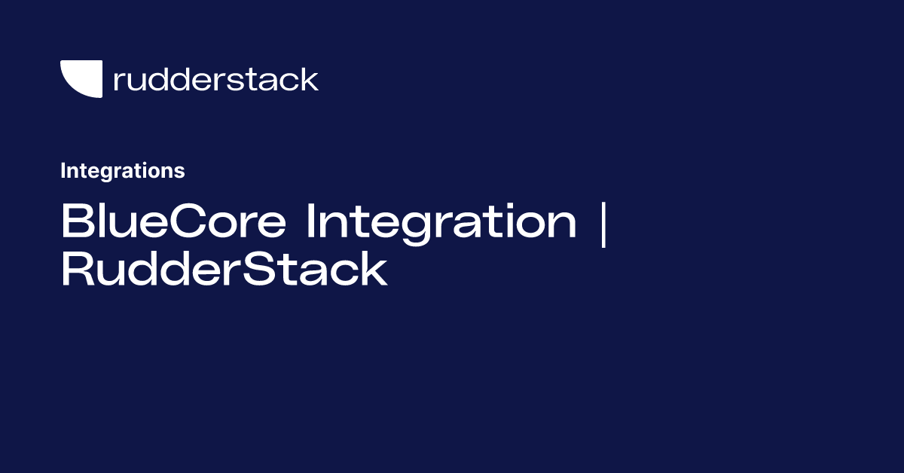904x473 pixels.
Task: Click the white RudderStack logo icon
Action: [x=80, y=78]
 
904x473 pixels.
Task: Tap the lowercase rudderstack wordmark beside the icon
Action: [x=215, y=79]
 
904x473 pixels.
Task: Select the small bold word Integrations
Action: [x=122, y=171]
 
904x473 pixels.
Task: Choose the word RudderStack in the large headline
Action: [x=224, y=270]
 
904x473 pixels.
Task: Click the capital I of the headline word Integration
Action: [x=310, y=222]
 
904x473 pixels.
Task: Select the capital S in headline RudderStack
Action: [x=266, y=270]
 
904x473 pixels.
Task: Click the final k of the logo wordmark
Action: [x=310, y=79]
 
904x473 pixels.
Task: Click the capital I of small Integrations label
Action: [x=63, y=171]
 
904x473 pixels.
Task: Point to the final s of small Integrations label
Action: [x=180, y=172]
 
